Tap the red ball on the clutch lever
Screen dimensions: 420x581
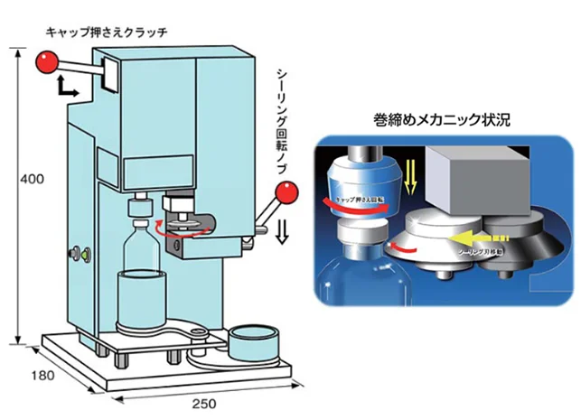[x=47, y=62]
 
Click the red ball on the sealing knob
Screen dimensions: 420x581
[x=286, y=191]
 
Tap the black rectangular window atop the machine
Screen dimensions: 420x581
[x=111, y=73]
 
